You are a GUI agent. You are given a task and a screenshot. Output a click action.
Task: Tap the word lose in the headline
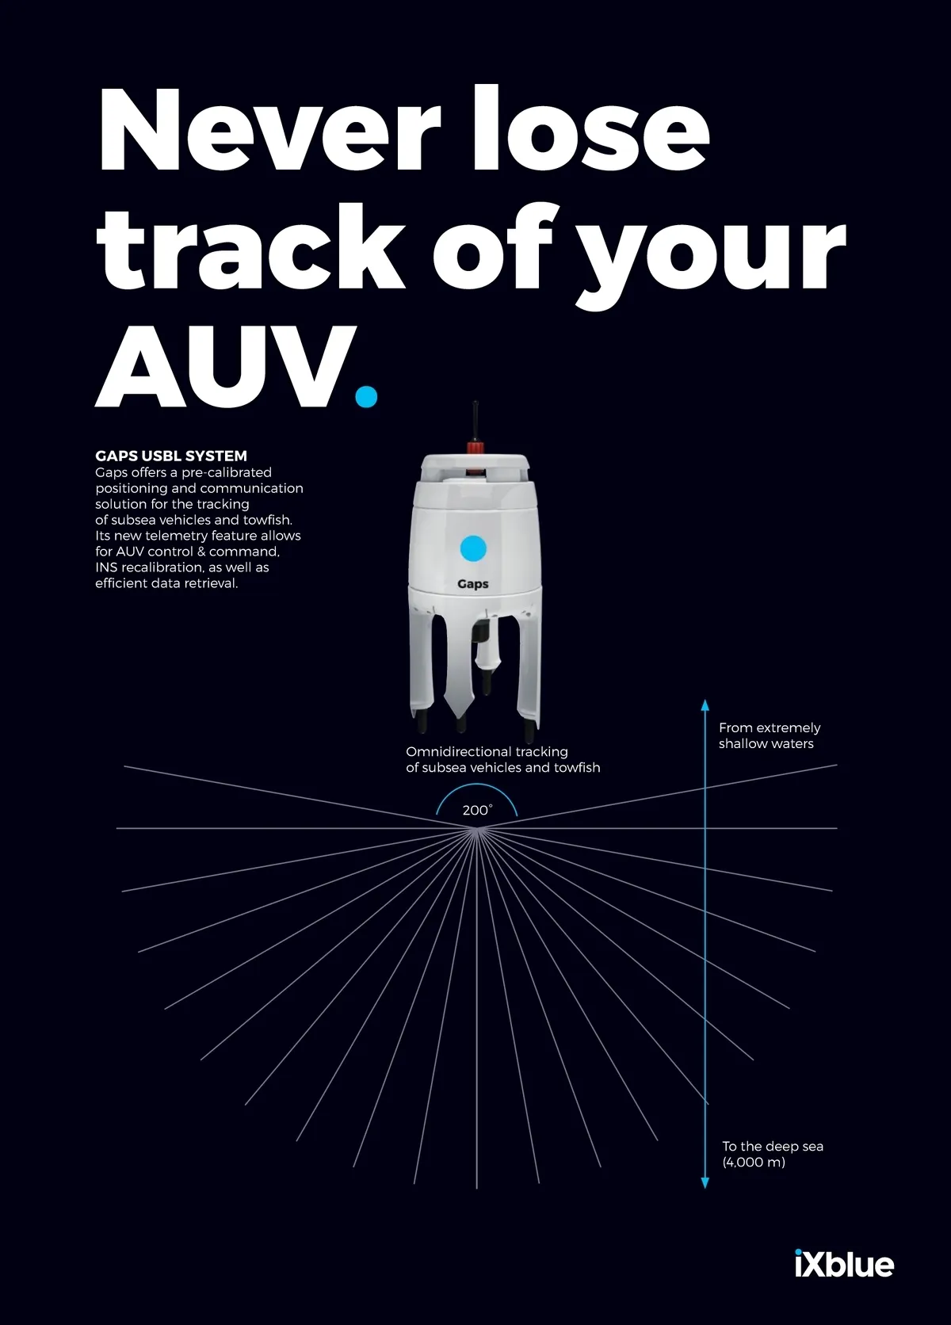tap(591, 128)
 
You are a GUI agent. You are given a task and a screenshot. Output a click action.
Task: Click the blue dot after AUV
tap(366, 396)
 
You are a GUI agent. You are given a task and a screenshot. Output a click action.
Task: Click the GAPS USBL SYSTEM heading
tap(171, 456)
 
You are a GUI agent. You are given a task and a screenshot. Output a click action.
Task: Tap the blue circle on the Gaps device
tap(473, 548)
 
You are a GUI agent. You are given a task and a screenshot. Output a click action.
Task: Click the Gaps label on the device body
tap(472, 584)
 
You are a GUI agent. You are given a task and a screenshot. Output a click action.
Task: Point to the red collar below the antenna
tap(475, 447)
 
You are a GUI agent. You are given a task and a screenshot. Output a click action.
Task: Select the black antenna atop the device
tap(475, 421)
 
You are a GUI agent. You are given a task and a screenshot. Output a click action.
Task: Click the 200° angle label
tap(476, 811)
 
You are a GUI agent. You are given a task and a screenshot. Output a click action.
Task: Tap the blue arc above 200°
tap(476, 785)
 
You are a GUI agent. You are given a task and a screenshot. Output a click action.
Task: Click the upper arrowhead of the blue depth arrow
tap(705, 705)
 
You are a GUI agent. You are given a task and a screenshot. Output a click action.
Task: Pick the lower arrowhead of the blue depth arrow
tap(705, 1183)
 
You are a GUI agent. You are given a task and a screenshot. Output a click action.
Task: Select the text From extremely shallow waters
tap(770, 736)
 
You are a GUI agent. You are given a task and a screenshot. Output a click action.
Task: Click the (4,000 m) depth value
tap(754, 1163)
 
